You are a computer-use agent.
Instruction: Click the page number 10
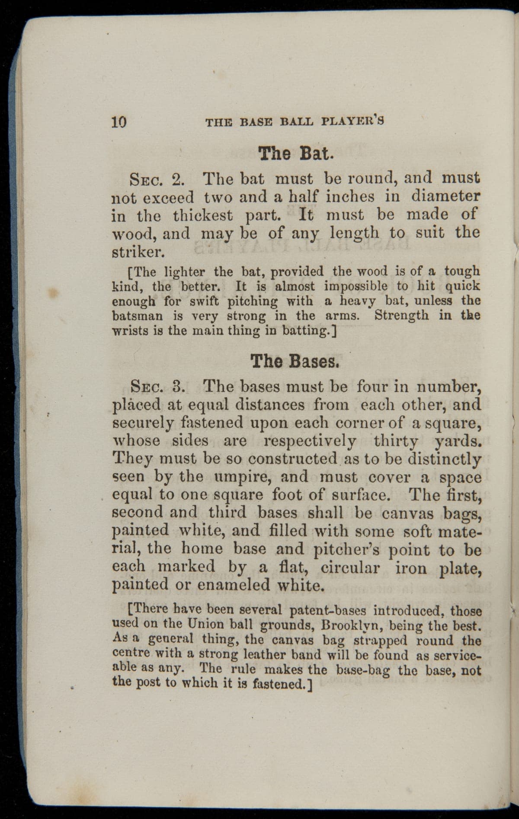pyautogui.click(x=119, y=122)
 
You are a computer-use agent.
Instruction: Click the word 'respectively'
pyautogui.click(x=310, y=441)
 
